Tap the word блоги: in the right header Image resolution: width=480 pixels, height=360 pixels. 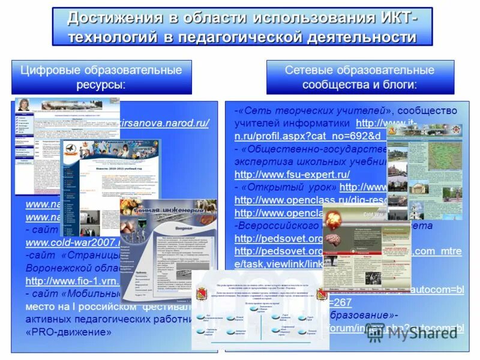396,84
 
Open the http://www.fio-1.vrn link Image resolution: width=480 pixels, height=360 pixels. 72,281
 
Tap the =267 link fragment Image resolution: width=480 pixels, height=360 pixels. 340,302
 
